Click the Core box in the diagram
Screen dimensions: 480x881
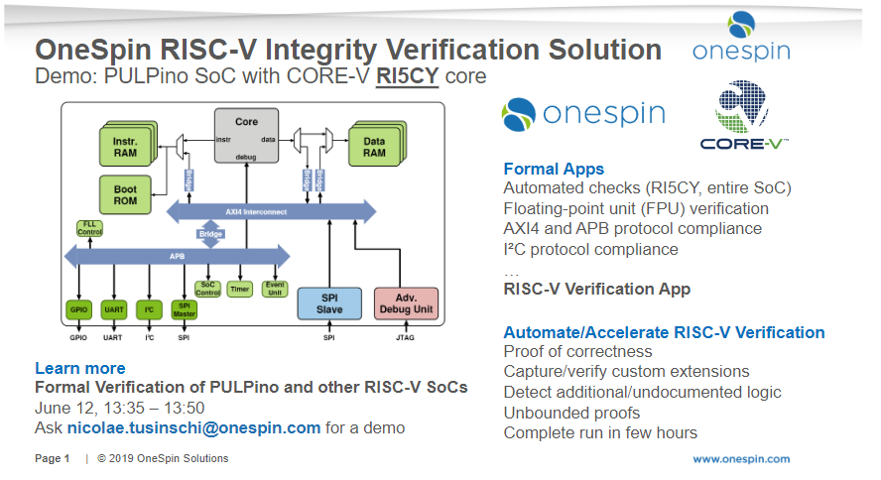(x=247, y=136)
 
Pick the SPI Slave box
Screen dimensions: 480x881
(x=330, y=302)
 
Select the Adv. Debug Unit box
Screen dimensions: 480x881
(x=405, y=302)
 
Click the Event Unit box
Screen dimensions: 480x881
(x=274, y=288)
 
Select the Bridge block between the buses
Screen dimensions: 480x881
(x=211, y=234)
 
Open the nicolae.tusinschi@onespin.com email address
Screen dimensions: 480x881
(x=193, y=427)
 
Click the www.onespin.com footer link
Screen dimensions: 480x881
(x=740, y=458)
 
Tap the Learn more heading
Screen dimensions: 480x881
(x=80, y=368)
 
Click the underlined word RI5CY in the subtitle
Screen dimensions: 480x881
(x=407, y=76)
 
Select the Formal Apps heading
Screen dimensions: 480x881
(x=554, y=169)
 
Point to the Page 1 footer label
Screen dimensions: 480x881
(x=53, y=458)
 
